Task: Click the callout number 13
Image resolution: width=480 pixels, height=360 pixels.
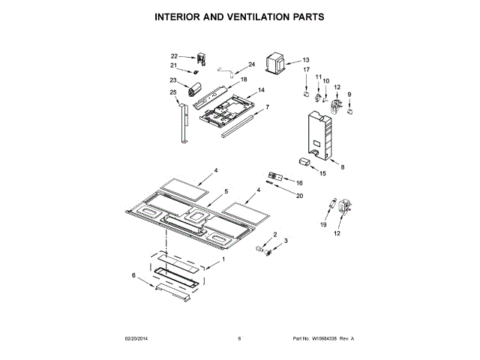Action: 305,60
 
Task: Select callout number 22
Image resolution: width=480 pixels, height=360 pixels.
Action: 174,55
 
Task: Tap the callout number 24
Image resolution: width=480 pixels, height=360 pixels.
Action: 251,64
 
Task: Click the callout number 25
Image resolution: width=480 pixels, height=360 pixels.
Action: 173,92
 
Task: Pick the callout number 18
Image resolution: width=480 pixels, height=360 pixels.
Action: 243,79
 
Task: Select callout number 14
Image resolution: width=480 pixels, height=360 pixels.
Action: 261,90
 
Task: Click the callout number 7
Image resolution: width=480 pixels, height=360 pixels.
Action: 266,107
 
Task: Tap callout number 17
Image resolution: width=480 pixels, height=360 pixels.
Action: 305,69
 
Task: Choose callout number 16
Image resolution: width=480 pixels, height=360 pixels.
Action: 299,182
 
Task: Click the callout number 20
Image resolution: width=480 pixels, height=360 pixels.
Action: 299,196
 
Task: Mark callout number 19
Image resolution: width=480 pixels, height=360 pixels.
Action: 324,224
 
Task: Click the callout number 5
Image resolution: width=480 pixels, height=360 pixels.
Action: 226,191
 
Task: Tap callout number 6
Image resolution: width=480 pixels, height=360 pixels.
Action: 133,275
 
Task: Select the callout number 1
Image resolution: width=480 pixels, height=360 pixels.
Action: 223,259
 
